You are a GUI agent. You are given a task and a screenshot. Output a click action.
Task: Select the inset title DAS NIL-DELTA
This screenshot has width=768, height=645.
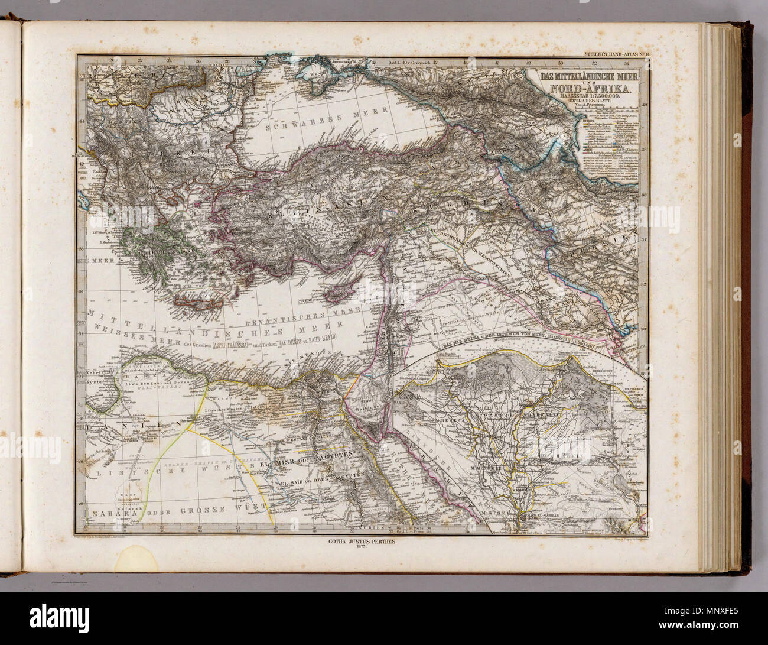pos(467,346)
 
